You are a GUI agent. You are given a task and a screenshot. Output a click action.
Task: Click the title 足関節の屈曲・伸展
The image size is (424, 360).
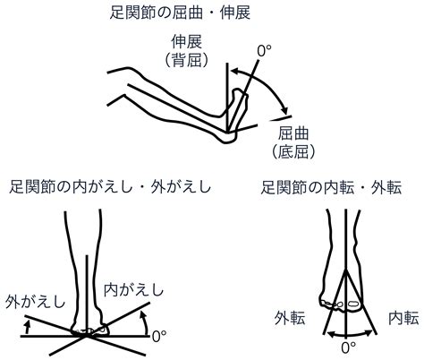click(180, 13)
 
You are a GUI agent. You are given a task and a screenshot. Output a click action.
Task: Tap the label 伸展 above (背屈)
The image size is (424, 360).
click(186, 42)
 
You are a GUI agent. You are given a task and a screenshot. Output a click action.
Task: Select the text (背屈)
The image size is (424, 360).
click(186, 61)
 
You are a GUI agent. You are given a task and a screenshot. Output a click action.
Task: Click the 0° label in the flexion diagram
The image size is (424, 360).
click(264, 51)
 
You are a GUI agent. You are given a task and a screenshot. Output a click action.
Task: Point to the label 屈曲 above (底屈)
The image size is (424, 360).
click(293, 133)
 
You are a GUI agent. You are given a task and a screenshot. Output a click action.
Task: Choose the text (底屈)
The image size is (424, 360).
click(293, 151)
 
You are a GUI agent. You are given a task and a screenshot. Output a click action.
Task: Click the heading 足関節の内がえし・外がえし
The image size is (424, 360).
click(110, 187)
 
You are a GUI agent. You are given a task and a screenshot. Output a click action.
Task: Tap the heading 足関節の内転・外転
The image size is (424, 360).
click(331, 188)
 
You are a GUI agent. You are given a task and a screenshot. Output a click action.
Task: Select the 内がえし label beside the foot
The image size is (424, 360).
click(133, 290)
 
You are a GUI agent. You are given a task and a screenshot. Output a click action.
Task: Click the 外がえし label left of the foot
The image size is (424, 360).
click(35, 301)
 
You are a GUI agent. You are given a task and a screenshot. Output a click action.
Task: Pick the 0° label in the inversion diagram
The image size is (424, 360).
click(159, 337)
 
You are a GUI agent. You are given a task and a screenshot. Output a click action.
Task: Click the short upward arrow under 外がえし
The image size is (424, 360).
click(28, 327)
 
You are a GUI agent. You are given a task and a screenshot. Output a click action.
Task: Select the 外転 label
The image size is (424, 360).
click(290, 318)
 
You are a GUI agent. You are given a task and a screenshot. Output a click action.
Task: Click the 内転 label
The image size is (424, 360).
click(403, 318)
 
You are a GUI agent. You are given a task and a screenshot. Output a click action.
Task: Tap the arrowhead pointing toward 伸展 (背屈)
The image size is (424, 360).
click(235, 72)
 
